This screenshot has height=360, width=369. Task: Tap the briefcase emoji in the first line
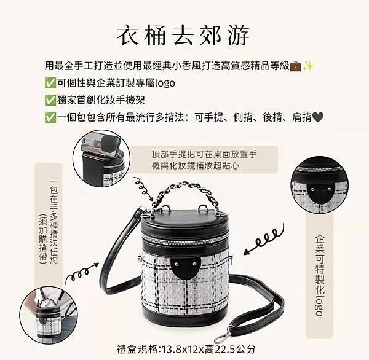295,65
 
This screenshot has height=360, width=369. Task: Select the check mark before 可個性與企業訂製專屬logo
50,82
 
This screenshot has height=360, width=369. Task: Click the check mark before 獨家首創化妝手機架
50,100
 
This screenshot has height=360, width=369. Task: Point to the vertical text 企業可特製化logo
319,273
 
